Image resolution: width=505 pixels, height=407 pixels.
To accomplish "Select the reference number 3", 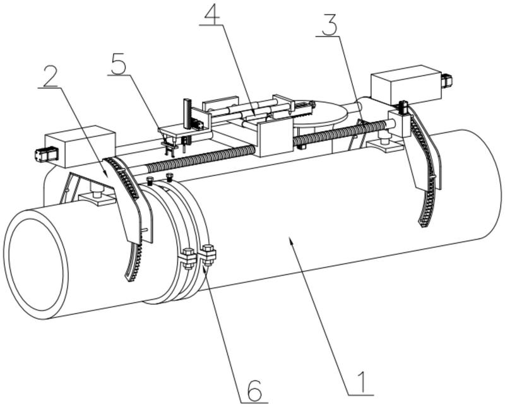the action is pos(329,24).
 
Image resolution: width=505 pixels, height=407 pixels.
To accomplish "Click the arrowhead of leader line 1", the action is pos(291,241).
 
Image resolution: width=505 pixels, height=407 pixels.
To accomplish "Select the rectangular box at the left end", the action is pos(80,146).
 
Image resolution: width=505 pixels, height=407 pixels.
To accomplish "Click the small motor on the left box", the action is pos(46,154).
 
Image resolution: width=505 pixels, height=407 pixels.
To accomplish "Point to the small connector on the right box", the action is pos(447,81).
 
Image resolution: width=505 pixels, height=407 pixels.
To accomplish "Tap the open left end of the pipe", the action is pos(36,264).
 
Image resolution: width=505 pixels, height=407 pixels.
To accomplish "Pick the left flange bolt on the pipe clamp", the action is pos(187,257).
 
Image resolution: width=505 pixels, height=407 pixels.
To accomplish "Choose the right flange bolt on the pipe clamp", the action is pos(208,255).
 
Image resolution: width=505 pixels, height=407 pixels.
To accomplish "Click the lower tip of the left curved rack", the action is pos(130,280).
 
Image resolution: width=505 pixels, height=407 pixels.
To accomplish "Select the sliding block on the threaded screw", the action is pos(275,139).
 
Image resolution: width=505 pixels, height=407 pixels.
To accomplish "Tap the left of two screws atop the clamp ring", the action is pos(150,181).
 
